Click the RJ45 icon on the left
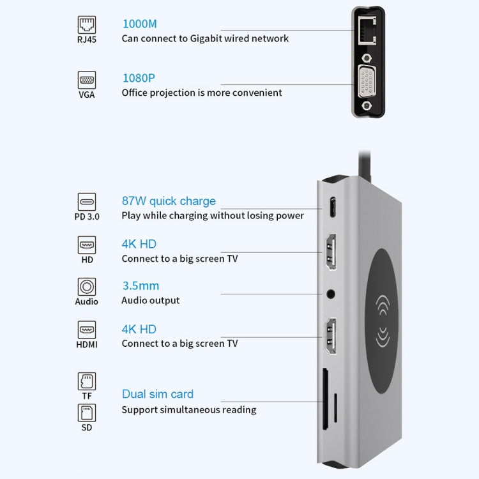[86, 25]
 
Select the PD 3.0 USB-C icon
[86, 202]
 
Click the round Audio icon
[86, 286]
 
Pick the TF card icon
[86, 381]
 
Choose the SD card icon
[86, 412]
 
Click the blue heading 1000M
[139, 24]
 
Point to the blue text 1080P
[138, 78]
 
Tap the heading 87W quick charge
[169, 201]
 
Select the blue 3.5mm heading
[141, 285]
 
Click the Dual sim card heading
[157, 394]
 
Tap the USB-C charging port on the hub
[331, 209]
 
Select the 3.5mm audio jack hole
[331, 294]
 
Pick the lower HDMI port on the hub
[331, 337]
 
